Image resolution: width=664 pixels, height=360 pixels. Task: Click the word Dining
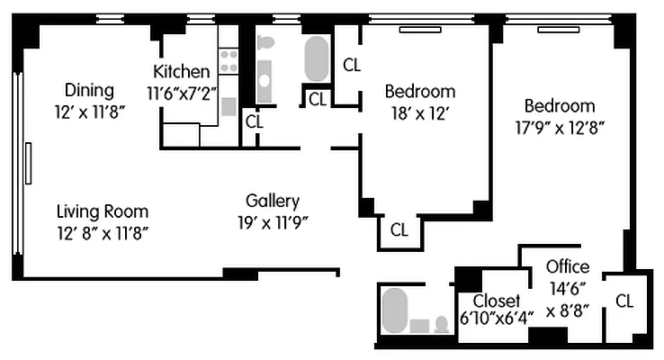89,90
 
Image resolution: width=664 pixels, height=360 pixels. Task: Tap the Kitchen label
182,72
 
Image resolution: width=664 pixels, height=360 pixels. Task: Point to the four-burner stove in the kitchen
229,60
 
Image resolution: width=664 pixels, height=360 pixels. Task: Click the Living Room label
102,212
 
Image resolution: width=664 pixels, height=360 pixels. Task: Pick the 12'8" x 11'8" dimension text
102,233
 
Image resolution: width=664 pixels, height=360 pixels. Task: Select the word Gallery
272,201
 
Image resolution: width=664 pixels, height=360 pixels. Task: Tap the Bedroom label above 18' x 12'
419,92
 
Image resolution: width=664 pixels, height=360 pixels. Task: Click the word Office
569,266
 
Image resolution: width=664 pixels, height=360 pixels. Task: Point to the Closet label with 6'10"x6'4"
497,300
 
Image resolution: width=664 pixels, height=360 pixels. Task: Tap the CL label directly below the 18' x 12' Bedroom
399,229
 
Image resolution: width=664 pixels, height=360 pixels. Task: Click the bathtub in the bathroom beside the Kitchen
316,59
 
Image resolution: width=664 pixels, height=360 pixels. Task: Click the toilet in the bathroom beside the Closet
441,323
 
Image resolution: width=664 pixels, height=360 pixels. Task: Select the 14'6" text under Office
569,288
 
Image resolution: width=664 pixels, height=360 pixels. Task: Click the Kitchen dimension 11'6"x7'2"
182,92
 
